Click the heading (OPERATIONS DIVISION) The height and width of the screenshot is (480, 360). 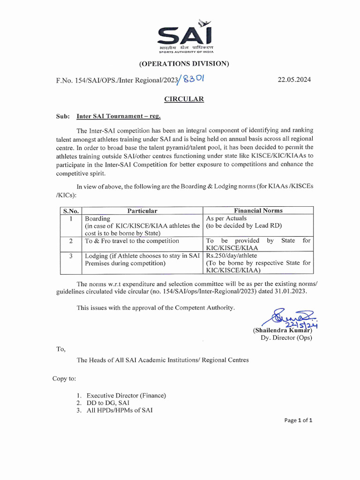click(184, 64)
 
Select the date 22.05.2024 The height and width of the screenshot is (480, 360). click(294, 80)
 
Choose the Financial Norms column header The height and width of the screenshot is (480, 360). click(258, 210)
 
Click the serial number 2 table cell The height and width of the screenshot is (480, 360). click(71, 240)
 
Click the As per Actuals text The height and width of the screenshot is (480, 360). click(226, 218)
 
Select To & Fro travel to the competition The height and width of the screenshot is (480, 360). click(132, 241)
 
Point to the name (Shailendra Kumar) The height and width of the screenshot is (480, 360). click(282, 330)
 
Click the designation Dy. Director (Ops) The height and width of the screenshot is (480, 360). click(286, 337)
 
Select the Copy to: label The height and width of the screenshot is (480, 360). click(64, 378)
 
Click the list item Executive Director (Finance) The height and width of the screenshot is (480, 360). click(126, 395)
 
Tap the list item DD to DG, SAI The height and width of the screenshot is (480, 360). click(108, 403)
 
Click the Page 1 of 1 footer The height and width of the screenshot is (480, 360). click(298, 420)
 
